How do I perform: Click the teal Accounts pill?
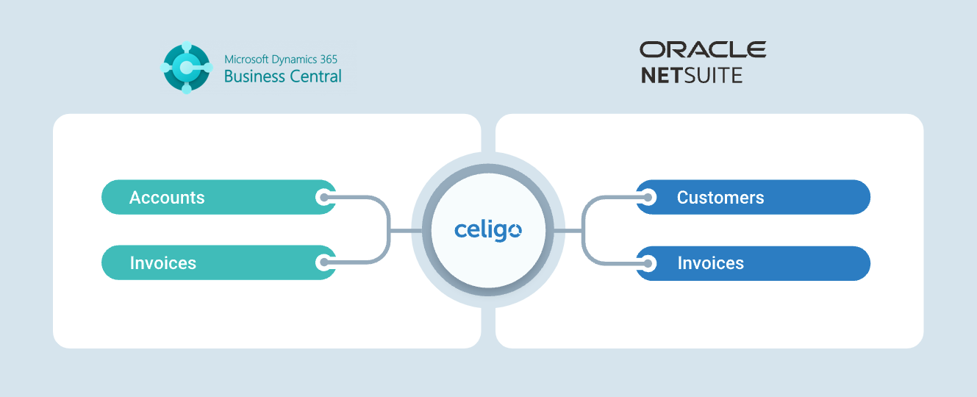click(x=219, y=197)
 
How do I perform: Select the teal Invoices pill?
click(x=219, y=262)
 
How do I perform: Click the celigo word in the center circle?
click(x=488, y=230)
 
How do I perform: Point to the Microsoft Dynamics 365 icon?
click(x=187, y=68)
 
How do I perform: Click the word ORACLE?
click(x=703, y=50)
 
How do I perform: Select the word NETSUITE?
click(x=692, y=76)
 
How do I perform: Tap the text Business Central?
click(x=282, y=76)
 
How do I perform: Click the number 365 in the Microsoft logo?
click(x=329, y=59)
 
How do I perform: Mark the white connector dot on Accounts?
click(x=323, y=198)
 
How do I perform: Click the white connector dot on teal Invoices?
click(x=323, y=262)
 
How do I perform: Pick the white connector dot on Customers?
click(x=648, y=198)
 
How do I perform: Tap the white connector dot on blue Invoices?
click(x=648, y=263)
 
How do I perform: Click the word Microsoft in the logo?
click(x=246, y=59)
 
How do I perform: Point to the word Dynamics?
click(x=294, y=60)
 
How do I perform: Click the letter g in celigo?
click(x=501, y=232)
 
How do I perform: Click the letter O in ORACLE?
click(x=651, y=50)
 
